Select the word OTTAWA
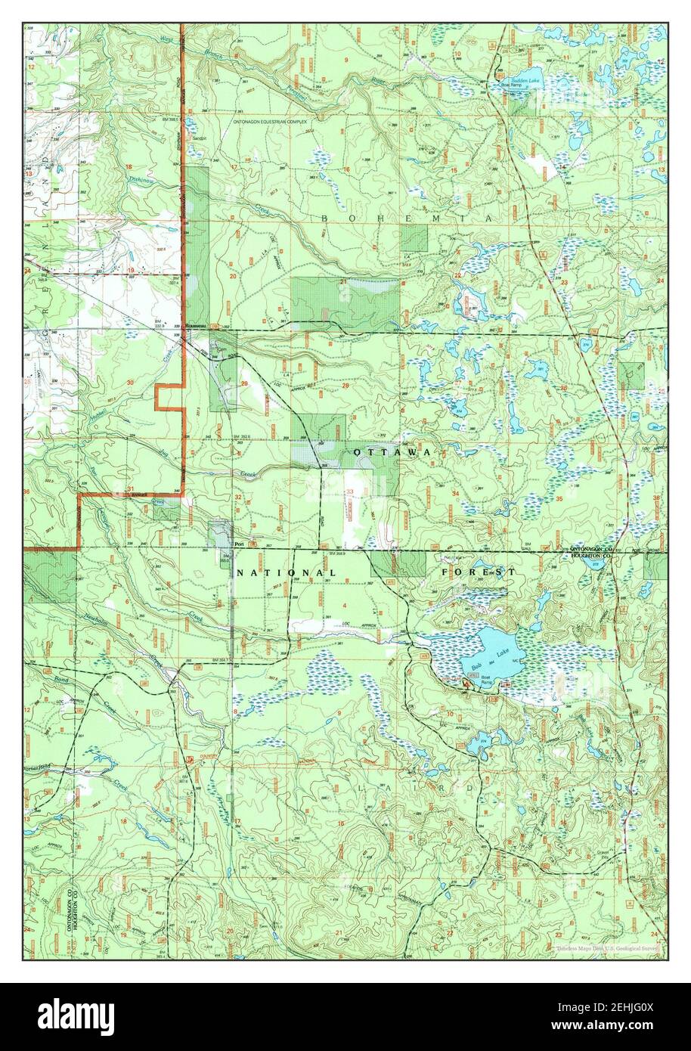(392, 451)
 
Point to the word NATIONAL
(286, 573)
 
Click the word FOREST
(479, 573)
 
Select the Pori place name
(240, 544)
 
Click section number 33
(349, 492)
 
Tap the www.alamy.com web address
(611, 1025)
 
